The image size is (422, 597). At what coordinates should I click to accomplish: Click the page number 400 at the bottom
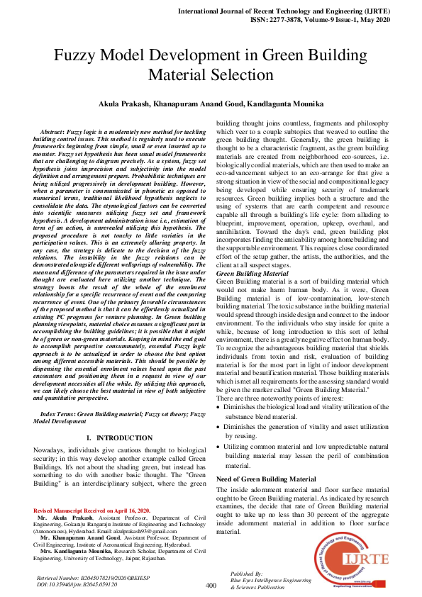pyautogui.click(x=211, y=585)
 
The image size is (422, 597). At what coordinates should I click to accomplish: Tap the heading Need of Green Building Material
pyautogui.click(x=261, y=479)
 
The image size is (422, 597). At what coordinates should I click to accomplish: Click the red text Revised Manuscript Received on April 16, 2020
pyautogui.click(x=91, y=510)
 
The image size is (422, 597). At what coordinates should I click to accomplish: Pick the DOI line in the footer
pyautogui.click(x=77, y=585)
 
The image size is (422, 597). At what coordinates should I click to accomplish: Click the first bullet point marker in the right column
pyautogui.click(x=218, y=408)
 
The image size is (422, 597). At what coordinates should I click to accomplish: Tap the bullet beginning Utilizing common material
pyautogui.click(x=218, y=447)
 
